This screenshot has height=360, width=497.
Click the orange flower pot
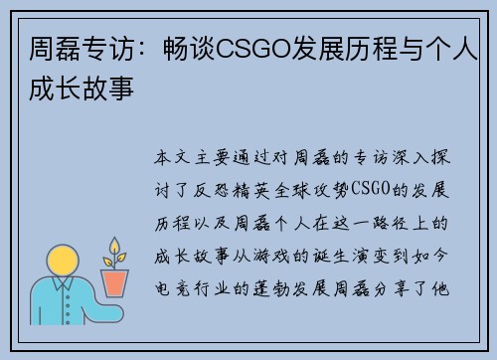click(x=116, y=284)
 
